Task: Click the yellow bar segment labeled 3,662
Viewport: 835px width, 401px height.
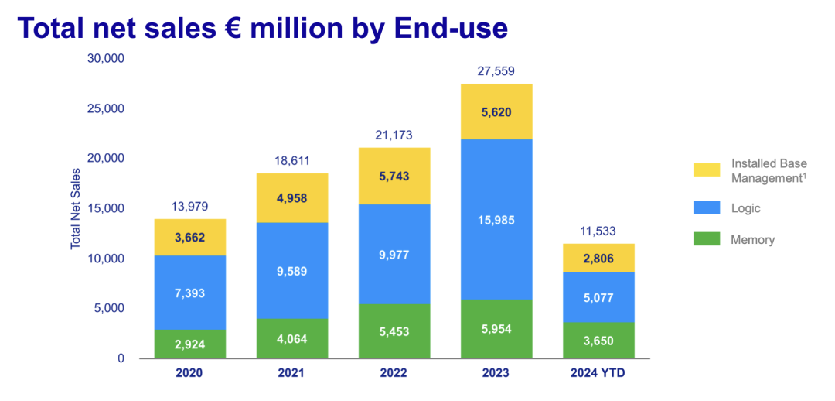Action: [190, 238]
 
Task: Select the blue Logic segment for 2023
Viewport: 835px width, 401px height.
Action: [497, 219]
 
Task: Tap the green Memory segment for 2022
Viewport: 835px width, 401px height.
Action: [394, 331]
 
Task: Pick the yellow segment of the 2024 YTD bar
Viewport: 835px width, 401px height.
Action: [598, 258]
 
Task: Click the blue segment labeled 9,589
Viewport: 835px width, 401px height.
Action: [292, 270]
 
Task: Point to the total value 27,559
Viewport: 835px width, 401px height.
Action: [496, 71]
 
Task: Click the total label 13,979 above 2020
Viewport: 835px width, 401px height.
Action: [189, 207]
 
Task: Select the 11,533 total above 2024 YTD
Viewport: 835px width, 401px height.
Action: [598, 231]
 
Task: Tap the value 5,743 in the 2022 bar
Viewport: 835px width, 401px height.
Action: [394, 176]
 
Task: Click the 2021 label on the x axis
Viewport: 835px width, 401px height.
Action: [292, 372]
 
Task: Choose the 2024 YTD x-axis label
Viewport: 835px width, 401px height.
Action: [598, 372]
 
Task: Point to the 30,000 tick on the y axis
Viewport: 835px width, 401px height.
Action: [105, 59]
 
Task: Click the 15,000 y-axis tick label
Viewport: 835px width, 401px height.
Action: [105, 208]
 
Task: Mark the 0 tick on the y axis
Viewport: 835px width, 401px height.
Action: [121, 359]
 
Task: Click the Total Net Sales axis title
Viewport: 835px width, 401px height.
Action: [75, 208]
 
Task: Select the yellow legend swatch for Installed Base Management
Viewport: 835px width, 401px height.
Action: [707, 170]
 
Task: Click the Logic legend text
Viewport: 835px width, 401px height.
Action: [746, 208]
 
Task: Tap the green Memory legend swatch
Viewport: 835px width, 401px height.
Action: [707, 239]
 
